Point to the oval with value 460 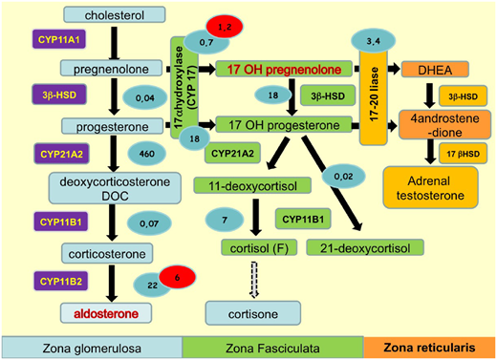tap(147, 153)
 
